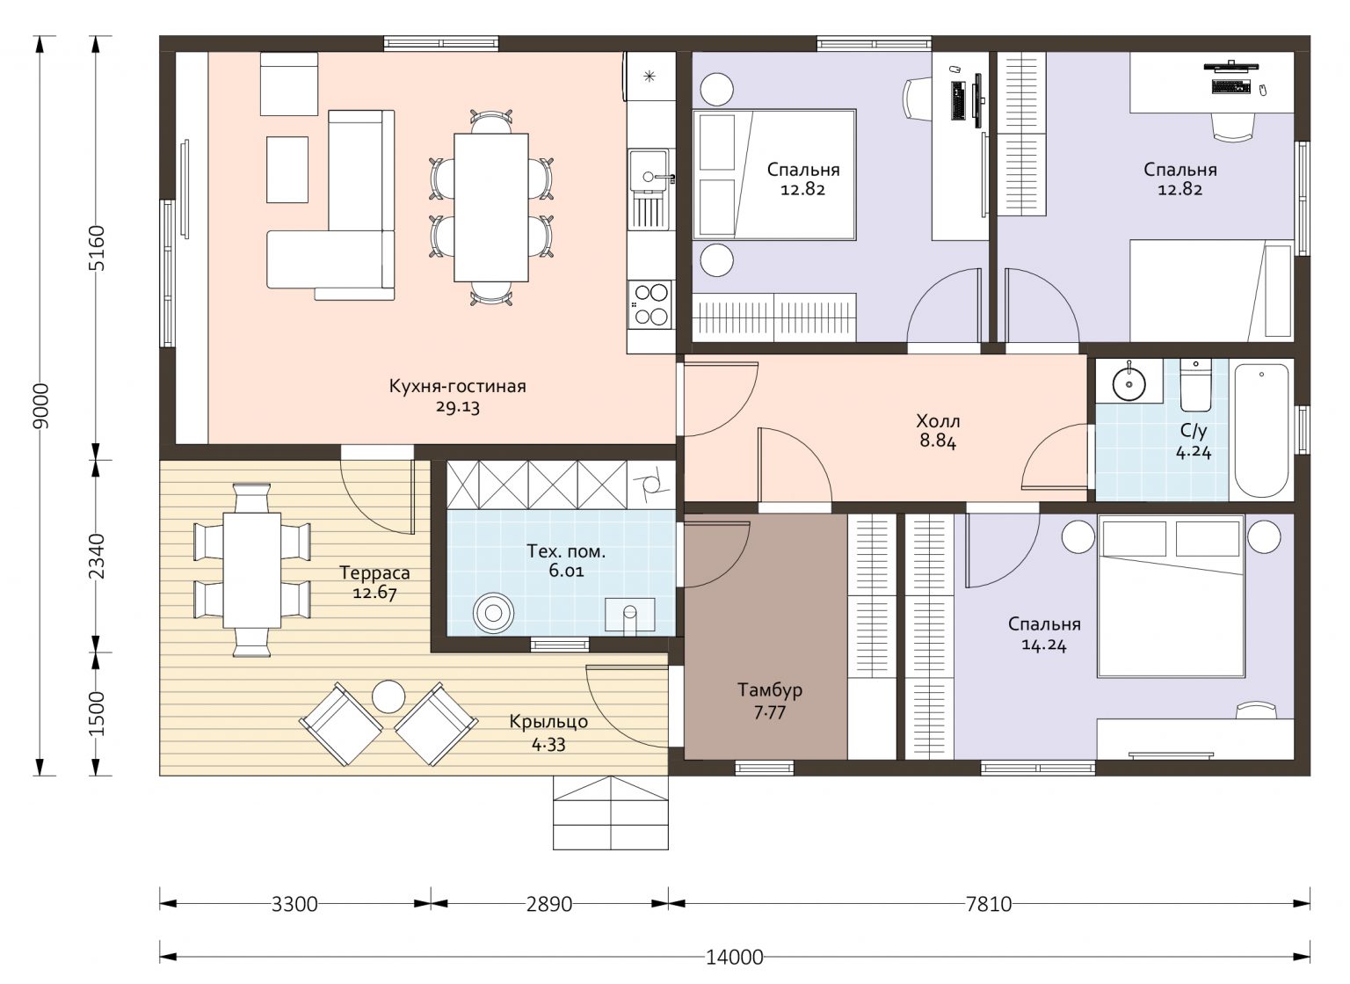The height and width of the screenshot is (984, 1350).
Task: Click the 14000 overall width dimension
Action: click(x=734, y=957)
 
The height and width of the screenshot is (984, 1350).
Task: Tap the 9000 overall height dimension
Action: click(x=42, y=405)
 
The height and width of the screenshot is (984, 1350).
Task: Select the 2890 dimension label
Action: click(x=549, y=904)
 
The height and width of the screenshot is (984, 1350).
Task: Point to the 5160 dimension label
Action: click(x=97, y=248)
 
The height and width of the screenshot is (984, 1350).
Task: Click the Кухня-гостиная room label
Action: click(x=457, y=386)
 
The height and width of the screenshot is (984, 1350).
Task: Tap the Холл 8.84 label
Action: click(x=938, y=431)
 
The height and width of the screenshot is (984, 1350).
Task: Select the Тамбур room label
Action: click(x=770, y=689)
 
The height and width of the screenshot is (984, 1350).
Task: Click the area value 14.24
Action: click(x=1044, y=645)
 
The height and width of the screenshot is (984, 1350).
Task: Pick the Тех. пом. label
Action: click(x=566, y=550)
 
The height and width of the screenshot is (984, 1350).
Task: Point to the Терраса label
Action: click(x=374, y=572)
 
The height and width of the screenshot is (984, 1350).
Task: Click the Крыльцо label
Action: click(x=548, y=722)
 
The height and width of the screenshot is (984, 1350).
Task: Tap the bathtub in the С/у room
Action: click(x=1261, y=429)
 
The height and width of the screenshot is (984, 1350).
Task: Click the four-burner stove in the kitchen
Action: click(x=650, y=304)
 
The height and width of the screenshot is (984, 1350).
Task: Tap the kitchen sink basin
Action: click(x=648, y=170)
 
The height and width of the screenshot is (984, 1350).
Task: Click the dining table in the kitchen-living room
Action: click(x=491, y=208)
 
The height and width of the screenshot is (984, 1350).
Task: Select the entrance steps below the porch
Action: click(x=611, y=813)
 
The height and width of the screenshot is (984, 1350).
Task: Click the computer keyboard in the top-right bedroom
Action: click(x=1231, y=87)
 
